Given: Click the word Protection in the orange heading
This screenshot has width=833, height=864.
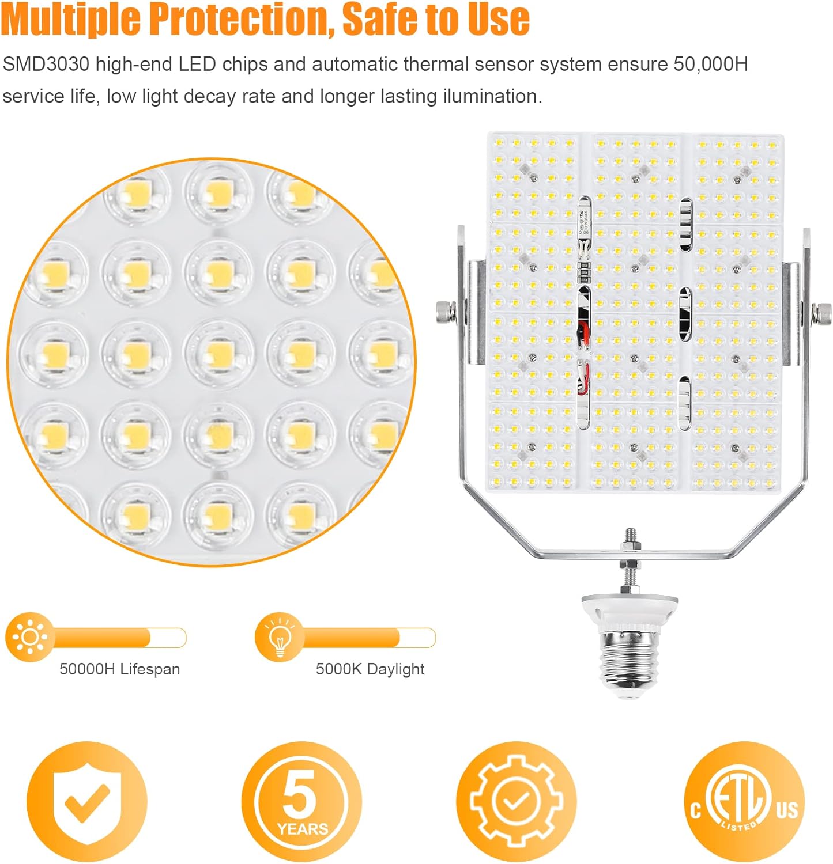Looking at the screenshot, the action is click(239, 18).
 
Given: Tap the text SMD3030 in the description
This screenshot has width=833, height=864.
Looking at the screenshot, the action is click(46, 64).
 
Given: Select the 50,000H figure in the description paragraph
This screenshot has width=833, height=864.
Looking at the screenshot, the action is click(710, 64).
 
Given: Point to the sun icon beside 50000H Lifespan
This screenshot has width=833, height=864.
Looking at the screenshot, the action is click(30, 637).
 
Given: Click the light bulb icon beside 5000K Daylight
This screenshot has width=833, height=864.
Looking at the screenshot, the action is click(280, 637).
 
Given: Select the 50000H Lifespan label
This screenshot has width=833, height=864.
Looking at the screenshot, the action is click(120, 669).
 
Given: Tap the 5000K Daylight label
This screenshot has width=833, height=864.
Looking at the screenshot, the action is click(370, 669).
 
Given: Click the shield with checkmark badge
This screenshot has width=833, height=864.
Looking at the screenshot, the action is click(87, 801).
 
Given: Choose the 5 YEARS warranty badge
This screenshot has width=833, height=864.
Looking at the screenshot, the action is click(301, 801).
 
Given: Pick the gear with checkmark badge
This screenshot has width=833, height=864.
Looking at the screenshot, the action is click(516, 801).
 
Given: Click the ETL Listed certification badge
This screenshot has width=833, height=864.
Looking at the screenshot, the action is click(744, 801).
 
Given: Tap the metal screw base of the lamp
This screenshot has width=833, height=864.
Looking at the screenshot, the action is click(630, 662).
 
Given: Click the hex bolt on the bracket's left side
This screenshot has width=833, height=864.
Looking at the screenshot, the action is click(446, 312).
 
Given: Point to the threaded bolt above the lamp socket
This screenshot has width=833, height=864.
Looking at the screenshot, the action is click(630, 561).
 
